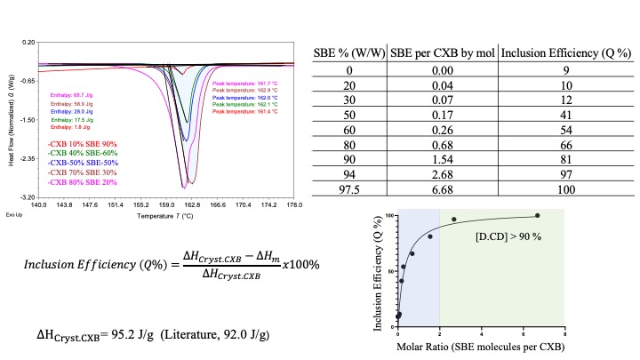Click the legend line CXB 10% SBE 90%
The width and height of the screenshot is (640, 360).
click(x=83, y=144)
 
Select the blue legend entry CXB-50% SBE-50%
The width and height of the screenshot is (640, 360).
click(x=83, y=164)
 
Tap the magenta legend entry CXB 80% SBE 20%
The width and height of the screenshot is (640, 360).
click(x=83, y=182)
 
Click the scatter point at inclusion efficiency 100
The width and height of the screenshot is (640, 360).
click(x=537, y=215)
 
